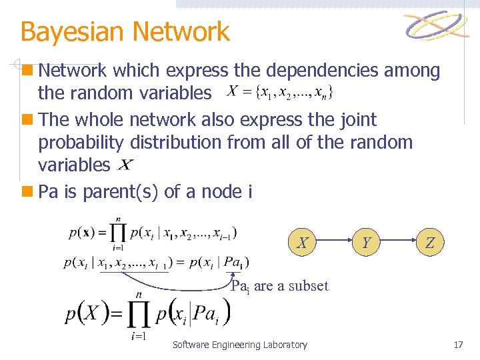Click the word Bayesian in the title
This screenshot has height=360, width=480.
coord(73,31)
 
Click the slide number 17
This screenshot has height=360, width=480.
coord(458,345)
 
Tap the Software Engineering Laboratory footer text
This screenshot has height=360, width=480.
coord(240,345)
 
